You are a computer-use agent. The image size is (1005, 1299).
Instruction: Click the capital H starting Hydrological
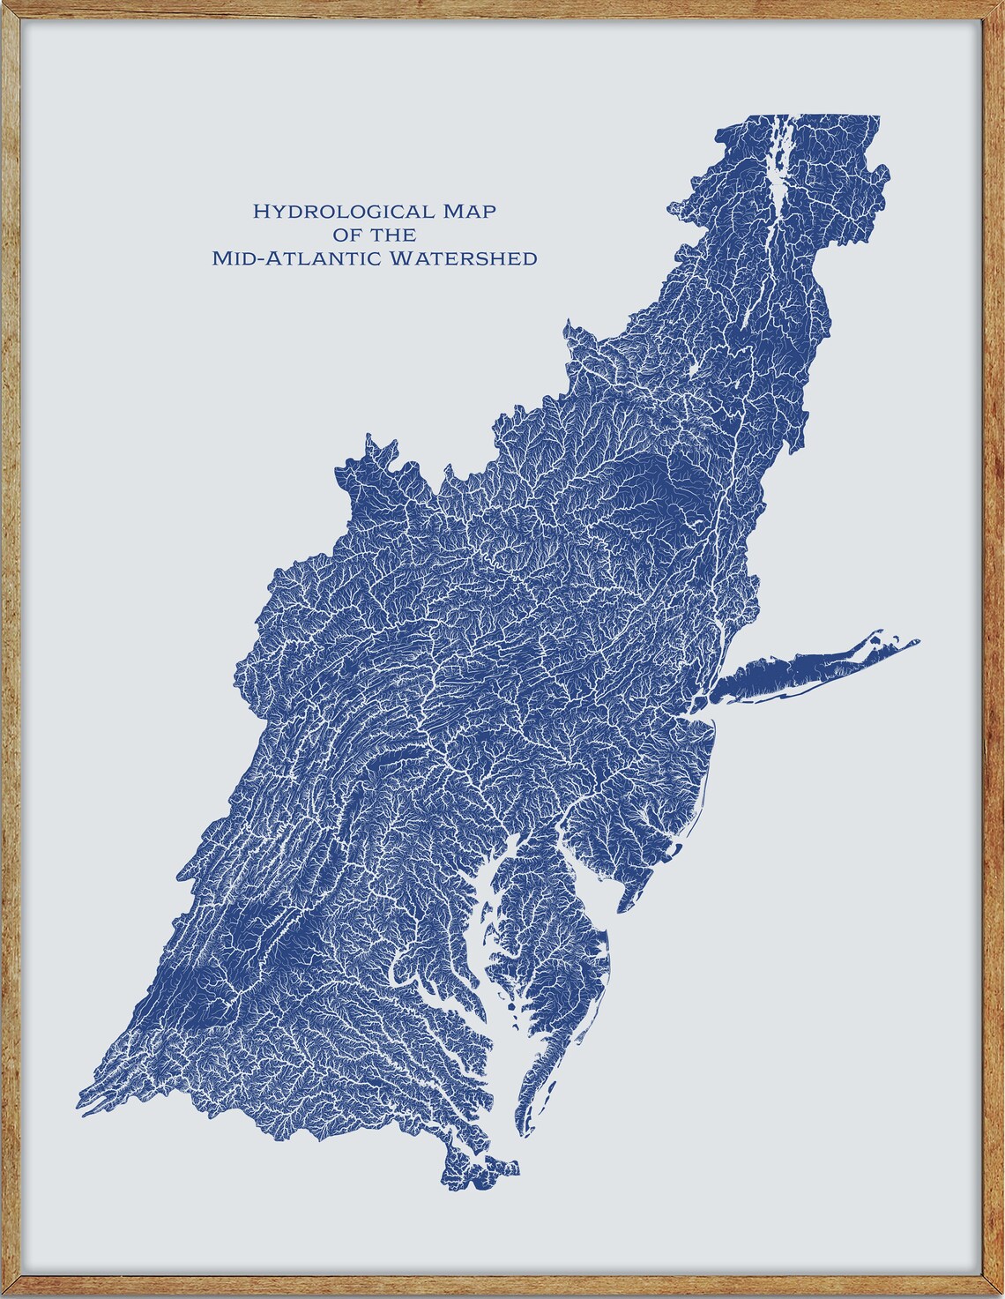260,212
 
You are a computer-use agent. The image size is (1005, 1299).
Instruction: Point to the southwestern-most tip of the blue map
79,1094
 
